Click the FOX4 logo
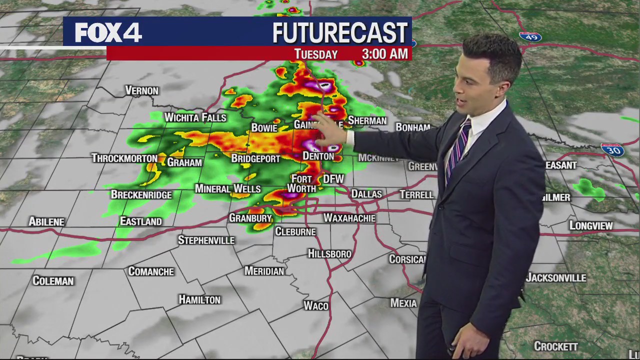coord(108,33)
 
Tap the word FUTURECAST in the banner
coord(340,33)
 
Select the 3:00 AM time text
coord(384,54)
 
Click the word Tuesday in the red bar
coord(315,54)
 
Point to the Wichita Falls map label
coord(195,117)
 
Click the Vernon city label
coord(141,90)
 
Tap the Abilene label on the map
coord(46,221)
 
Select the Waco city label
coord(316,305)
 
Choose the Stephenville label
coord(206,240)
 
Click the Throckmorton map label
coord(124,158)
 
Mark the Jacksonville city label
coord(556,278)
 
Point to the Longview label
coord(591,226)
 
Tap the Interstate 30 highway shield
coord(612,149)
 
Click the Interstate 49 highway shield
coord(530,36)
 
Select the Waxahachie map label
coord(349,218)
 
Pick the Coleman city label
coord(53,281)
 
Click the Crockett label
coord(556,346)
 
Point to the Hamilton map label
coord(199,299)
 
